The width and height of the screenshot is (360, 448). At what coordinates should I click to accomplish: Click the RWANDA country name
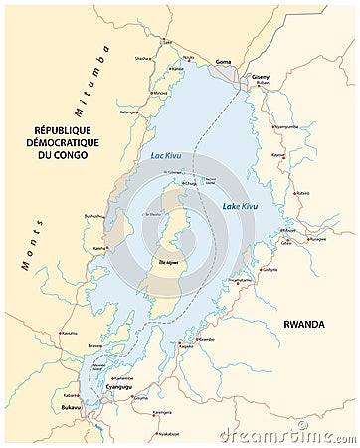304,324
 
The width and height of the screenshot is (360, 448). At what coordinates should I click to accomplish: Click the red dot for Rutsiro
291,192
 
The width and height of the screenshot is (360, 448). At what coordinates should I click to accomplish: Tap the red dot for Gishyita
261,269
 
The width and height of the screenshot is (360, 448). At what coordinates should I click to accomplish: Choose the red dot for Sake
166,46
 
